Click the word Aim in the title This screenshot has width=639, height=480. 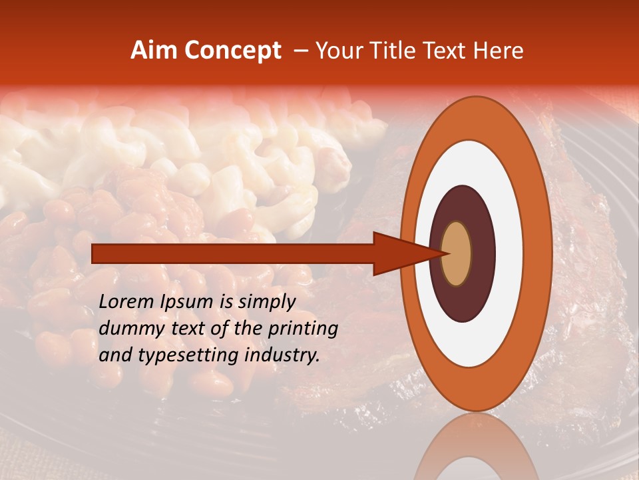pos(154,51)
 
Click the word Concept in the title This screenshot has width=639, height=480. pos(232,51)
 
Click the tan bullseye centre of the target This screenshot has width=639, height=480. pos(456,253)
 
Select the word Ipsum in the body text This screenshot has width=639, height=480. pos(190,303)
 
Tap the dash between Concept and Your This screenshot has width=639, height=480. pos(300,51)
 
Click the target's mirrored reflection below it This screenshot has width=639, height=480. pos(476,450)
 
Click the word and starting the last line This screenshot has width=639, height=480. pos(114,355)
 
